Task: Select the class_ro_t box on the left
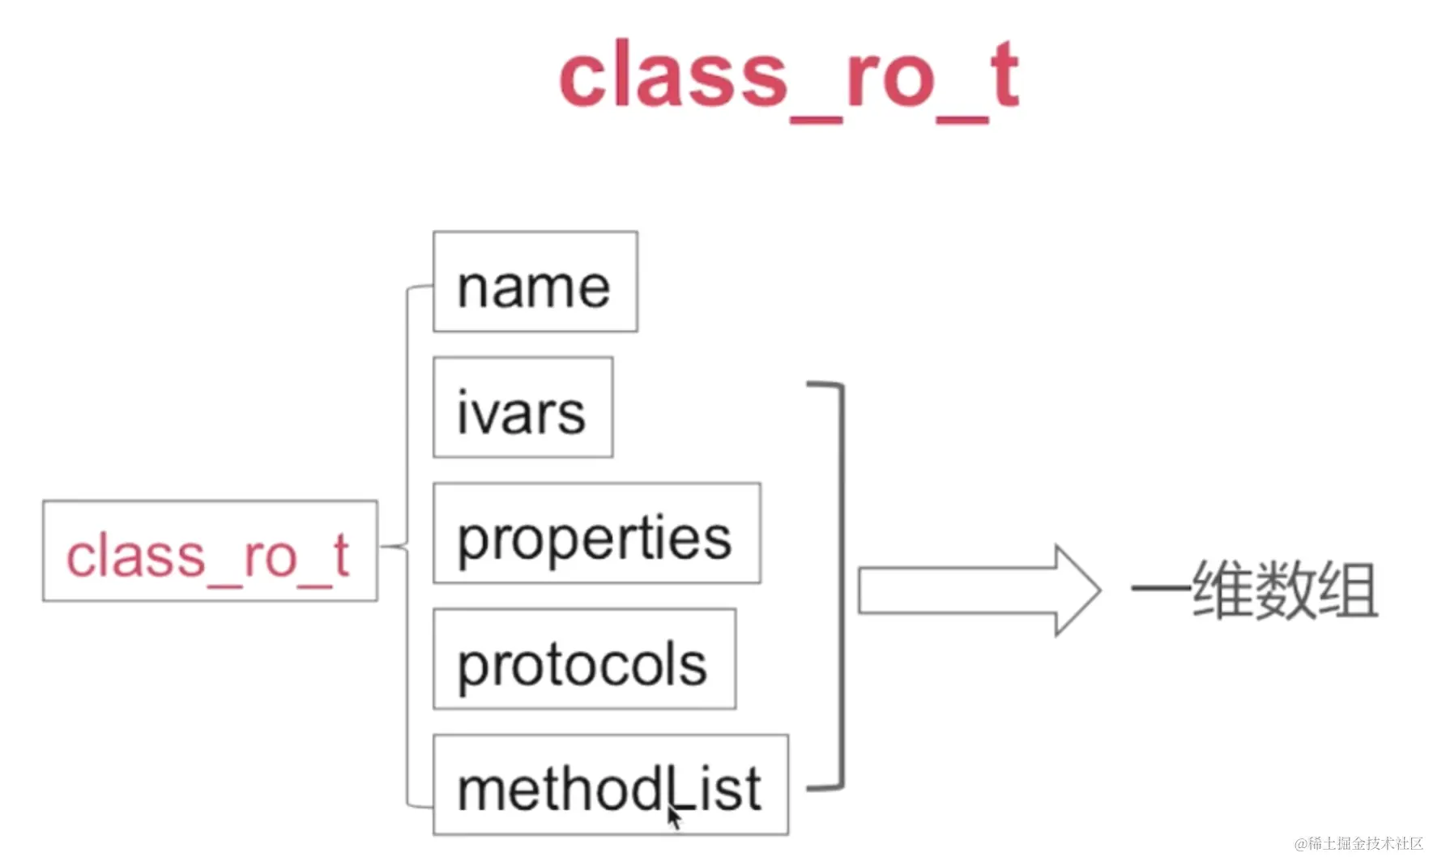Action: coord(210,551)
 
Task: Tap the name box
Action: coord(535,281)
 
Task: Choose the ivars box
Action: coord(523,407)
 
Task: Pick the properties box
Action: coord(597,533)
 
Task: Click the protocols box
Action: coord(585,659)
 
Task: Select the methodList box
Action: coord(611,785)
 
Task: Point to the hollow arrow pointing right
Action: coord(979,591)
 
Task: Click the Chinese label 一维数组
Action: coord(1254,591)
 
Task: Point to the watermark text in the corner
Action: coord(1359,843)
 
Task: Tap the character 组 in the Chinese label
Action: coord(1348,591)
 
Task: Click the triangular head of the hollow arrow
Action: coord(1078,591)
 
